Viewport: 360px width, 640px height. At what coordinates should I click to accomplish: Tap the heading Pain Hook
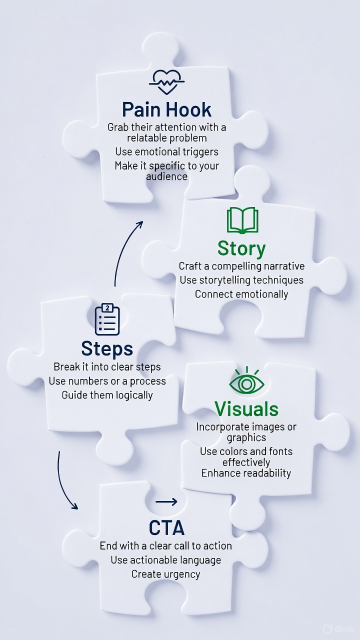tap(167, 109)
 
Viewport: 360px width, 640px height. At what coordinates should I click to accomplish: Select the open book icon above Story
tap(242, 221)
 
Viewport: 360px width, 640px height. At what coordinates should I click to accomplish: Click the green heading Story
tap(241, 248)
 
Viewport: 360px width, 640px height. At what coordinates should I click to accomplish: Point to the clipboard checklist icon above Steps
tap(107, 319)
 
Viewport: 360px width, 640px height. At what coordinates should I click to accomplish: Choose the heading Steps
tap(107, 348)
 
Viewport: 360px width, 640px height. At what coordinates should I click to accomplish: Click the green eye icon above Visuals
tap(246, 383)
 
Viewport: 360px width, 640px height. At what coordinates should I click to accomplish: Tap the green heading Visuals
tap(246, 409)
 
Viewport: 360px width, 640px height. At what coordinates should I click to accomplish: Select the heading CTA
tap(166, 528)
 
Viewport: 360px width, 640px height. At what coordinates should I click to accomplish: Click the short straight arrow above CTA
tap(166, 501)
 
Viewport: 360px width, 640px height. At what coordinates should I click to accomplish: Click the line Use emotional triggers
tap(166, 151)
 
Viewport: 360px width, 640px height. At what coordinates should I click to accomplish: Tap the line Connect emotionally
tap(241, 294)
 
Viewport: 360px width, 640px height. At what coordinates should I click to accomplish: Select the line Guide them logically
tap(107, 395)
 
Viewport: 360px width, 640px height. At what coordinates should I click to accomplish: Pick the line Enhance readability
tap(246, 473)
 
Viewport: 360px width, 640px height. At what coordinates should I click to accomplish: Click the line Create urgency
tap(165, 574)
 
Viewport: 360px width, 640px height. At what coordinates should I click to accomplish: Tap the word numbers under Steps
tap(89, 381)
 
